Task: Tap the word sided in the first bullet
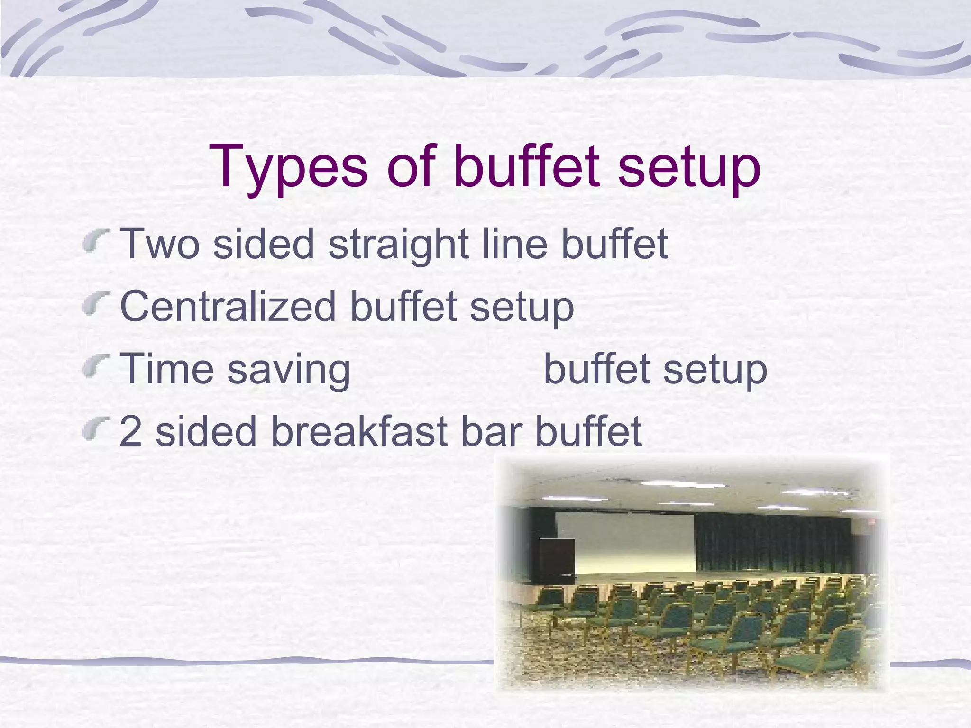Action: click(x=263, y=244)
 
